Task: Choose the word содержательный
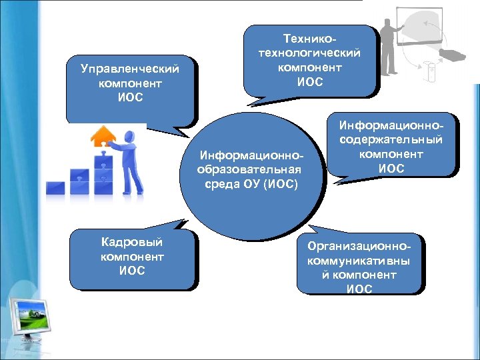[x=391, y=140]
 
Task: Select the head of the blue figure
[x=131, y=136]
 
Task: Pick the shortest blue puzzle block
[x=55, y=187]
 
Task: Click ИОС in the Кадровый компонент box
[x=131, y=271]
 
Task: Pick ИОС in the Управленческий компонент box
[x=129, y=98]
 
